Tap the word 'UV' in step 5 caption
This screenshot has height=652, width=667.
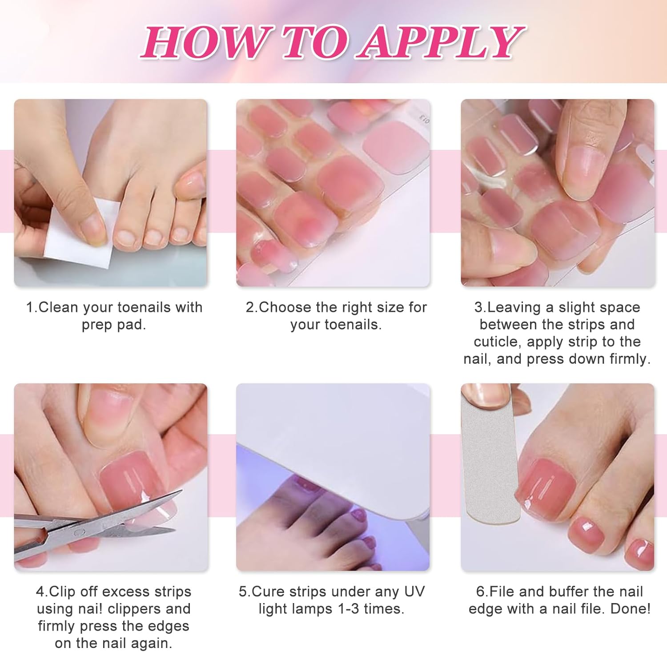414,592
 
